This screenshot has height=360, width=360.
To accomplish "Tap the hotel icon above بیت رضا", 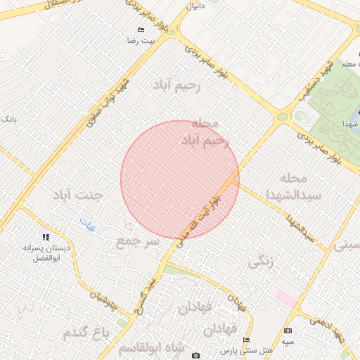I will coord(141,30).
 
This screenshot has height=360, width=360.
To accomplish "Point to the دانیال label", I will coord(193,6).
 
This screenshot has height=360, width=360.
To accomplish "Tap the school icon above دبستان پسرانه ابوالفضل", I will coord(46,237).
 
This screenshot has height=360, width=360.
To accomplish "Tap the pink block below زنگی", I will coord(285,297).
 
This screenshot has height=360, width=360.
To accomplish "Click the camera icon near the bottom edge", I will coord(195,355).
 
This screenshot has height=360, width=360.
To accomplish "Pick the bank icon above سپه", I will coord(287,330).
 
